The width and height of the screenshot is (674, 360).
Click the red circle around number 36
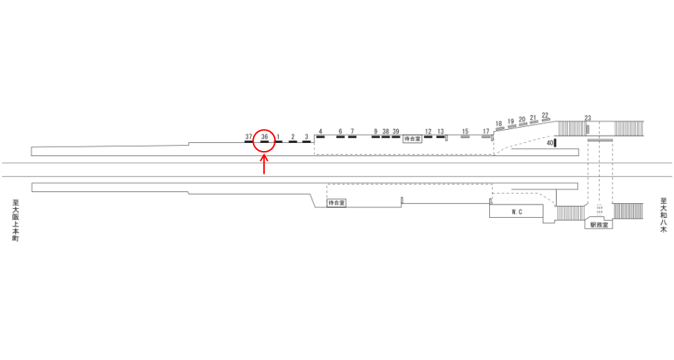(x=264, y=130)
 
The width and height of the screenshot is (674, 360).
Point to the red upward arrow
(x=264, y=164)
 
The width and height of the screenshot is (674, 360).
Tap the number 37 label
(x=249, y=136)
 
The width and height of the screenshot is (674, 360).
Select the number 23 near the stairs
(x=587, y=118)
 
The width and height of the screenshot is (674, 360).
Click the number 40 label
(x=550, y=143)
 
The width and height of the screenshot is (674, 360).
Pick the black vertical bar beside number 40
(x=555, y=143)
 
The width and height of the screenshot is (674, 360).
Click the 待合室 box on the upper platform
(x=412, y=139)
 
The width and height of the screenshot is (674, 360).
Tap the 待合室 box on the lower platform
(x=337, y=203)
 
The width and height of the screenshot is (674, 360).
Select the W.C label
(x=516, y=212)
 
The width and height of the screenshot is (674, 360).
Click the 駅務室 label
(x=599, y=224)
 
